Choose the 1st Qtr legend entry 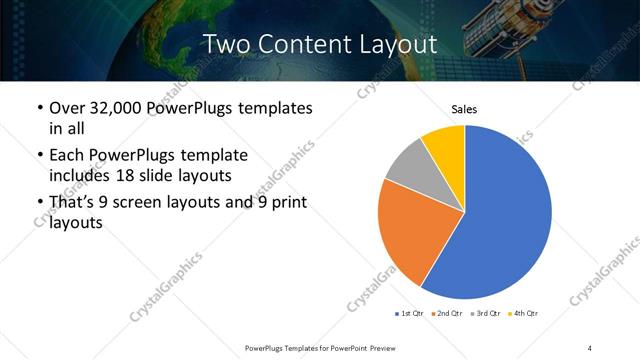coord(411,314)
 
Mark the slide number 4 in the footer coord(591,347)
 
